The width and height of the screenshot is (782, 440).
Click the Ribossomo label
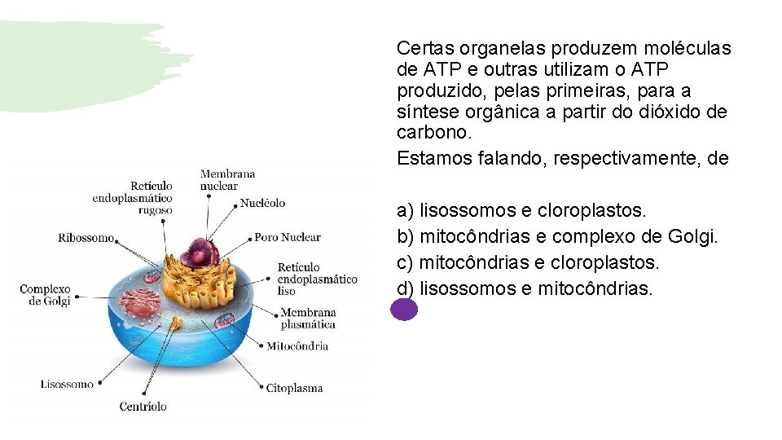tap(86, 238)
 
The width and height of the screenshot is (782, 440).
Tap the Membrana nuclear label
tap(227, 179)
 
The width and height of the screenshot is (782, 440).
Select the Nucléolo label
tap(262, 203)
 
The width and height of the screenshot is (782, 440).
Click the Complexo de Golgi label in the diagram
tap(45, 295)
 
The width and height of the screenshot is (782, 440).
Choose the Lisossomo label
tap(67, 384)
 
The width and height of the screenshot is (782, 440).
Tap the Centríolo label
tap(143, 406)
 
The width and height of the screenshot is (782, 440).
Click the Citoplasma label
tap(294, 388)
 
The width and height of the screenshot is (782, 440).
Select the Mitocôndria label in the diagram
tap(297, 345)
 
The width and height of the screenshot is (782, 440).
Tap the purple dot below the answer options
tap(404, 310)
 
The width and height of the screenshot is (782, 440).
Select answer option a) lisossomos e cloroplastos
tap(521, 211)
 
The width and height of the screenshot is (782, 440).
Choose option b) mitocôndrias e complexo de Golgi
tap(557, 237)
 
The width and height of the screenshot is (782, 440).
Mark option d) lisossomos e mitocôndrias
tap(525, 288)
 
